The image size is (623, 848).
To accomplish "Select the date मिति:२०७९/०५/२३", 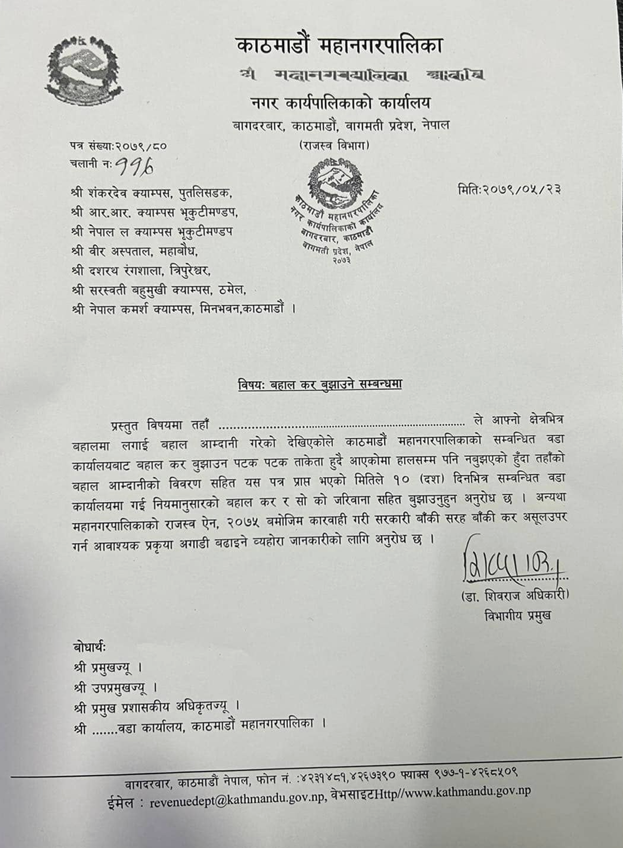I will coord(509,189).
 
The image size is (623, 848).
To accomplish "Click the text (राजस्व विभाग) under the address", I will coord(334,146).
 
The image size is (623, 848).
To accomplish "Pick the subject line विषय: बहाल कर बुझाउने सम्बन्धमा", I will coord(320,385).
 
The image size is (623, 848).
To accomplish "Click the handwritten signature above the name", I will coord(511,561).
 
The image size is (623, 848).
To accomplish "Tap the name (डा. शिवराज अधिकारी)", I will coord(514,595).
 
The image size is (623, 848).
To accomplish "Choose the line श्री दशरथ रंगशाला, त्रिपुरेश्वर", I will coord(142,271).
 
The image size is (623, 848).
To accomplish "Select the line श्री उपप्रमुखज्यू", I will coord(115,688).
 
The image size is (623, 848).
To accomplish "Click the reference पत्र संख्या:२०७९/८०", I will coord(118,147).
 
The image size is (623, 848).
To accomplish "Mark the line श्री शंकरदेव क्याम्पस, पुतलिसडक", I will coord(151,193).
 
